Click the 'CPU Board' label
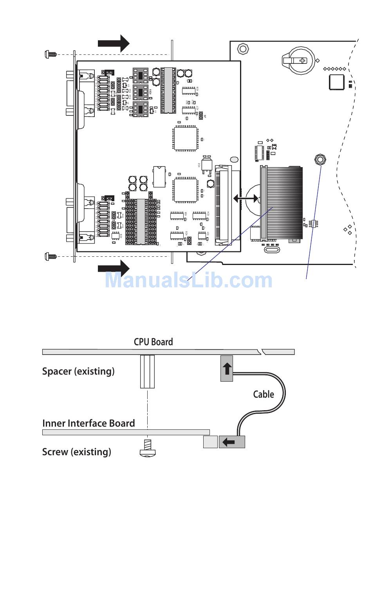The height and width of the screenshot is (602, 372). click(x=153, y=342)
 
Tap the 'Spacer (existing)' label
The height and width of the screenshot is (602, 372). click(x=78, y=371)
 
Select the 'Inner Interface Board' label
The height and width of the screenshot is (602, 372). click(x=88, y=423)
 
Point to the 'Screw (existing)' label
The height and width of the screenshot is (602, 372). click(x=76, y=452)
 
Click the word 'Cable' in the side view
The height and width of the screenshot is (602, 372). click(x=264, y=394)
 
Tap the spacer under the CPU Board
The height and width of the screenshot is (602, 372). click(x=147, y=371)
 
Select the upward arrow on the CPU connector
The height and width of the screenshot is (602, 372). click(x=227, y=368)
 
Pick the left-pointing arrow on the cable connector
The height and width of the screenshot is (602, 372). click(x=229, y=442)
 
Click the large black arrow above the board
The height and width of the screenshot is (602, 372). click(x=114, y=43)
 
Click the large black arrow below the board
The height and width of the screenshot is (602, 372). click(x=114, y=269)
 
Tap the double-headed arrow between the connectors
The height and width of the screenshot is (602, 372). click(x=246, y=198)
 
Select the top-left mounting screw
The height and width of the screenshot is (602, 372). click(x=50, y=54)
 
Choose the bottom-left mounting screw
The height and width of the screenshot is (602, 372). click(x=50, y=256)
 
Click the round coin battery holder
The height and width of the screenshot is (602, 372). click(x=298, y=60)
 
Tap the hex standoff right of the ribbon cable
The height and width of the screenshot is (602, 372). click(x=320, y=159)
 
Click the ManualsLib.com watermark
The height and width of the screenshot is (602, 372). click(x=188, y=280)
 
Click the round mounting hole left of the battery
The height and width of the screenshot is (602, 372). click(x=243, y=49)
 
